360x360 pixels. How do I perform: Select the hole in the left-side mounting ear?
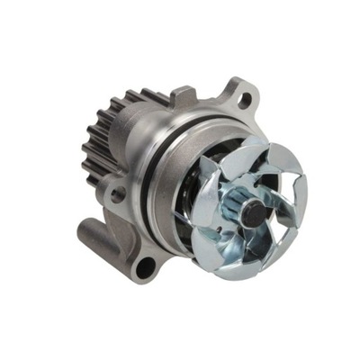pos(116,193)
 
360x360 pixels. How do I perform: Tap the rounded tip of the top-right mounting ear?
pos(255,88)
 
